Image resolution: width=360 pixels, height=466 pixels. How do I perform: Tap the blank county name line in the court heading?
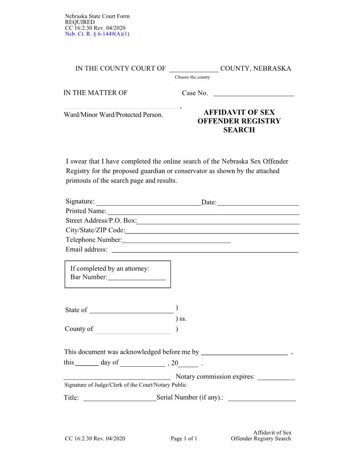pos(194,69)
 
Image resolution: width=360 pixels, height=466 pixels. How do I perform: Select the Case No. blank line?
pos(254,94)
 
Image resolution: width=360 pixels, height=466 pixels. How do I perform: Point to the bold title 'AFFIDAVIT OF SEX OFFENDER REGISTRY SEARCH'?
pos(239,121)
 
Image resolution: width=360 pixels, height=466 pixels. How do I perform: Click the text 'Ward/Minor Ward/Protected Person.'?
pos(114,115)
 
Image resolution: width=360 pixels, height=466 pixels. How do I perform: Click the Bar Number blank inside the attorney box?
pos(136,278)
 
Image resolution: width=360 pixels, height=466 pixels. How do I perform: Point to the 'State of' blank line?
pos(131,311)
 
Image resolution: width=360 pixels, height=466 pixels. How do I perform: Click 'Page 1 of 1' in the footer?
pos(184,439)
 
